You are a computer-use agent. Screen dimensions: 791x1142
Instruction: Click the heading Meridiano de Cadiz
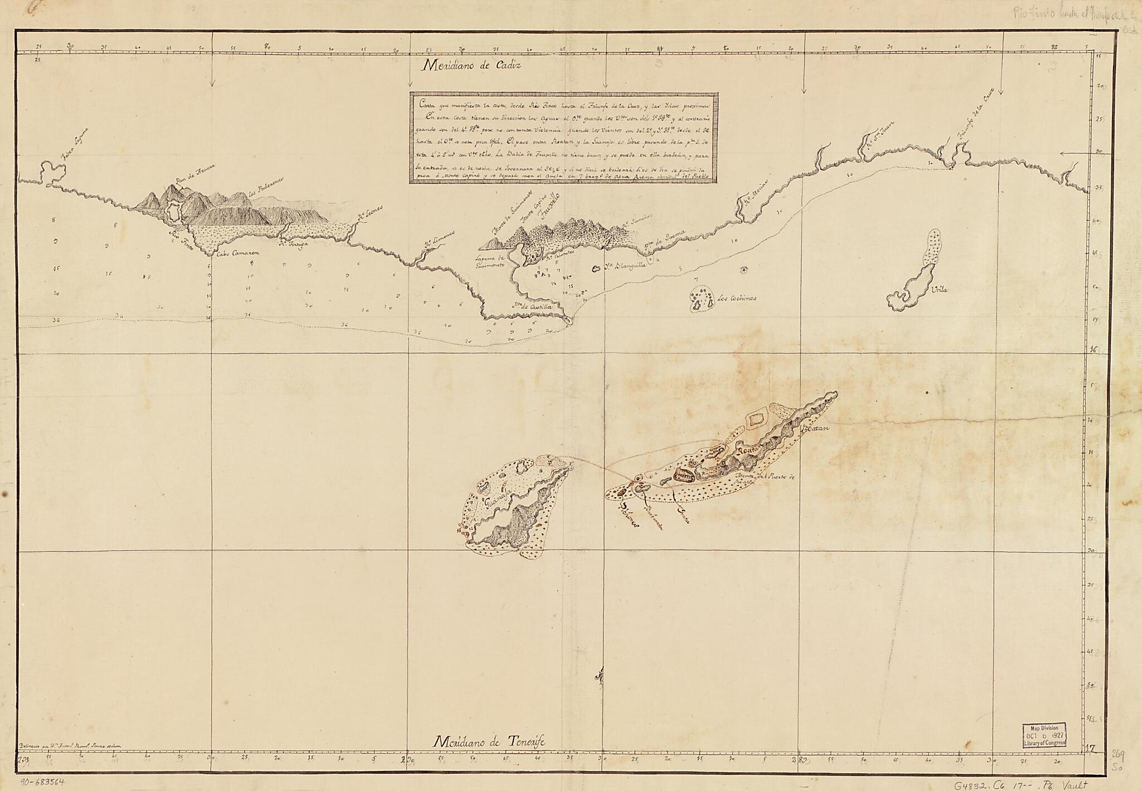coord(471,65)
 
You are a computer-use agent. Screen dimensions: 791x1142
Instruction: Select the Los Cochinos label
coord(737,298)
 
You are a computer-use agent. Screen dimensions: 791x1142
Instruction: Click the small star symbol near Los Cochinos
coord(743,270)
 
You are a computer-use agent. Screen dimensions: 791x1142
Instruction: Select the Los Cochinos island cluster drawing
coord(701,298)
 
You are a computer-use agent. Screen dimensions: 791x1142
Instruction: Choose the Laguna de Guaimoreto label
coord(490,262)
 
